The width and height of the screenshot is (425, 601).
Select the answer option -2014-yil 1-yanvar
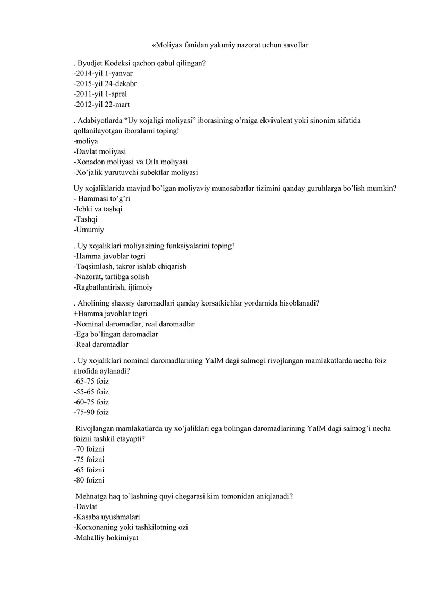(x=103, y=73)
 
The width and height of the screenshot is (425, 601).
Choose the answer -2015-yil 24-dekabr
(x=106, y=83)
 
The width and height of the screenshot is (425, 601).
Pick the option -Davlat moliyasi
(x=99, y=151)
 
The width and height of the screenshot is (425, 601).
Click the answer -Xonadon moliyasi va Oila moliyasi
(x=130, y=162)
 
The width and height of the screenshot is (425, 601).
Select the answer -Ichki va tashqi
(x=98, y=209)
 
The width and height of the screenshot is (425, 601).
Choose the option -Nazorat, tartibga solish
(x=111, y=276)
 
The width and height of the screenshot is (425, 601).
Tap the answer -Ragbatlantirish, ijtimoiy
(x=113, y=287)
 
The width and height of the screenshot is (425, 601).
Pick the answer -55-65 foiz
(x=91, y=391)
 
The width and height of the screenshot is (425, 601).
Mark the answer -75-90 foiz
(x=91, y=412)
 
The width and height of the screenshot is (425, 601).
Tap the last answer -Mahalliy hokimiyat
(x=106, y=537)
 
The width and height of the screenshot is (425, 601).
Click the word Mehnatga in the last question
(x=92, y=496)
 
